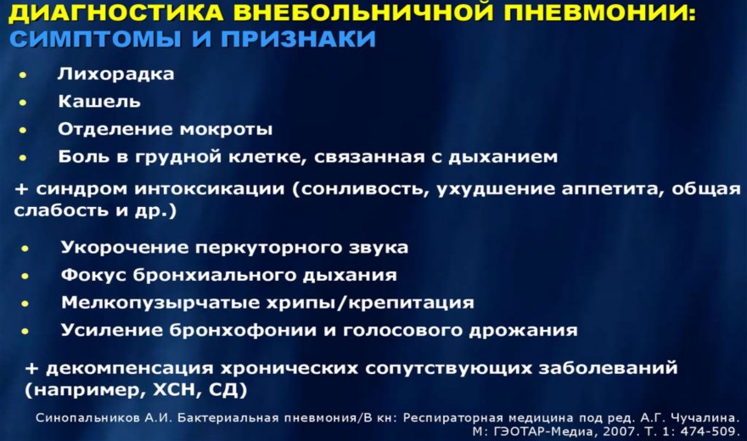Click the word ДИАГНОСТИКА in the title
point(115,13)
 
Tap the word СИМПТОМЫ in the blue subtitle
point(95,38)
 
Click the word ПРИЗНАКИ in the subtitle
point(299,38)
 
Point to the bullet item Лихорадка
point(115,75)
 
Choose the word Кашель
point(99,101)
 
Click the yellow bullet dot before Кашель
point(23,103)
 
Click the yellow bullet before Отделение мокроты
point(23,130)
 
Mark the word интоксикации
point(210,189)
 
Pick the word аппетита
point(613,189)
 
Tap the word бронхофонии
point(243,330)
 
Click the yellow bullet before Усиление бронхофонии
point(25,331)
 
